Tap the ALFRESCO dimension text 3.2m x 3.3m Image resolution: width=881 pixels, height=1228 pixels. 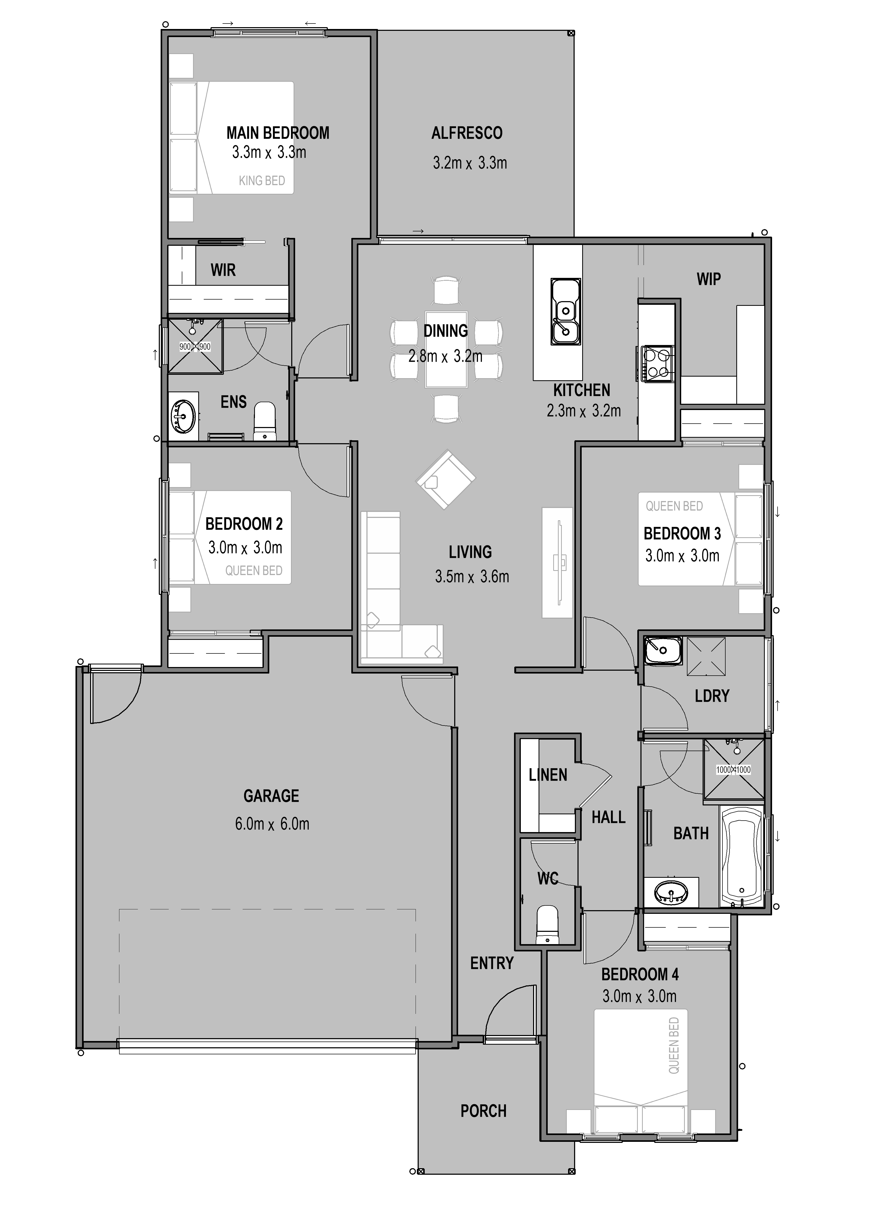(x=469, y=162)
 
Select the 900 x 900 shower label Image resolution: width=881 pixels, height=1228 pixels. (x=195, y=347)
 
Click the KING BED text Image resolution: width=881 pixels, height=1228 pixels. (x=261, y=181)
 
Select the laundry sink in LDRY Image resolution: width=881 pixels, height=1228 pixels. (x=663, y=650)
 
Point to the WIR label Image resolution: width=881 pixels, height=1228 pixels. (x=223, y=270)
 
